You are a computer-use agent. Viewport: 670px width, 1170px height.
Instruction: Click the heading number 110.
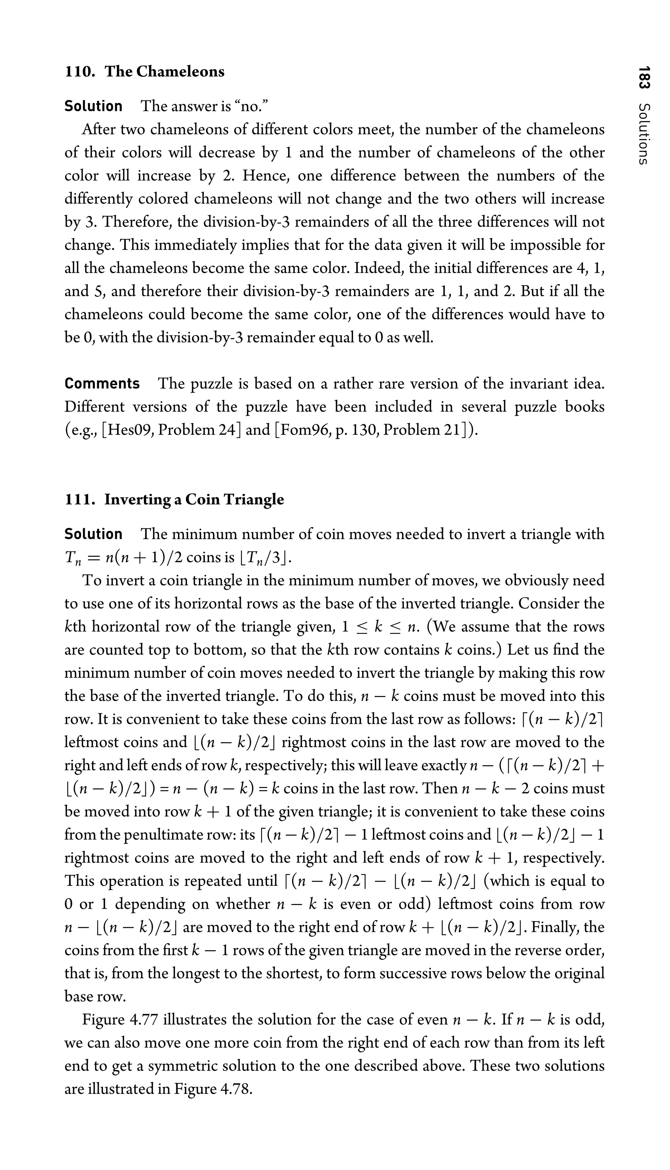tap(79, 72)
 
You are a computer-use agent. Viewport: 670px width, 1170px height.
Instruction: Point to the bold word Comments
tap(102, 384)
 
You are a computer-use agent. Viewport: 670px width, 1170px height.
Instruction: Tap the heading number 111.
tap(79, 500)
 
